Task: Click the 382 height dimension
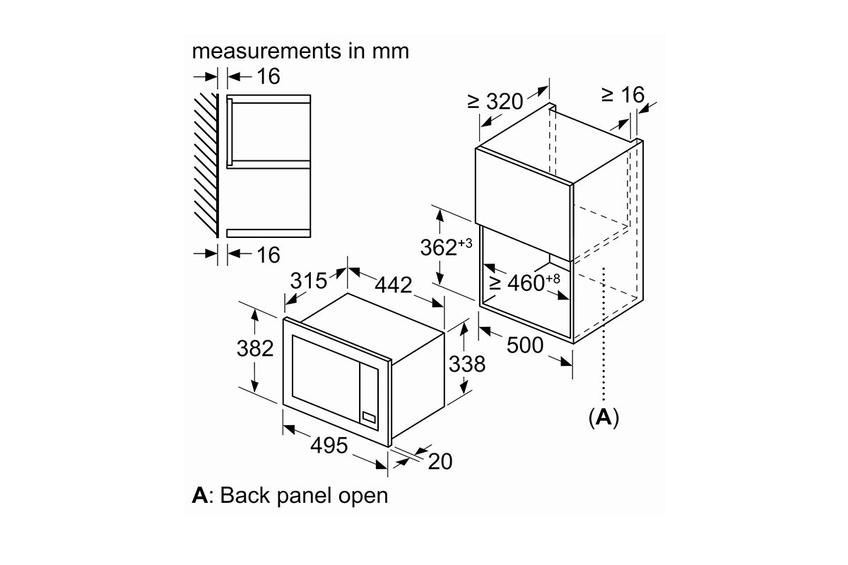pos(255,348)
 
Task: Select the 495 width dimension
pos(329,446)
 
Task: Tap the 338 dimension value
pos(467,364)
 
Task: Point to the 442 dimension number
pos(394,285)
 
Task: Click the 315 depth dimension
pos(309,281)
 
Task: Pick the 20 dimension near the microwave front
pos(440,461)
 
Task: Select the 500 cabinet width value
pos(525,345)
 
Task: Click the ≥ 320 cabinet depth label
pos(495,102)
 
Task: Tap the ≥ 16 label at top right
pos(623,95)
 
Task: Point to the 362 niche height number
pos(439,248)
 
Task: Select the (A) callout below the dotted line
pos(603,417)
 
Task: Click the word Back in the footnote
pos(245,495)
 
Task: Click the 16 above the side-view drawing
pos(269,76)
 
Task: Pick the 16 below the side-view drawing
pos(269,255)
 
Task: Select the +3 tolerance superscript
pos(465,244)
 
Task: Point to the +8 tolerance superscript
pos(553,279)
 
